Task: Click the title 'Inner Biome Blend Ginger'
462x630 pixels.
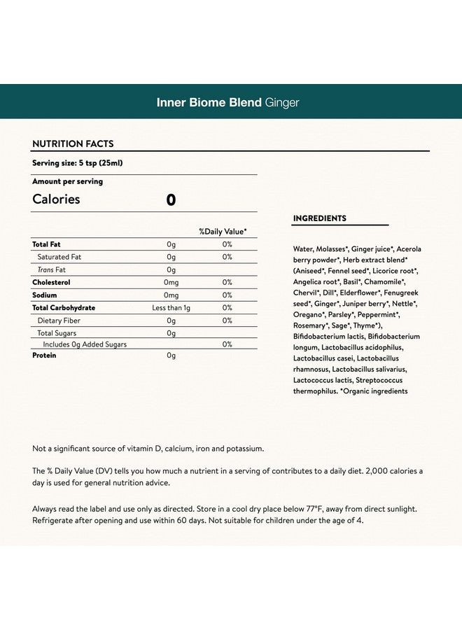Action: [x=227, y=103]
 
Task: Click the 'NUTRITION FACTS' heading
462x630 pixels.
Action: [x=73, y=144]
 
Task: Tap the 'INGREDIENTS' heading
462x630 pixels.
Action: [x=319, y=218]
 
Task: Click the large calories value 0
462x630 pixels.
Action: [x=171, y=200]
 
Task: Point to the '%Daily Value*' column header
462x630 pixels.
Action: [x=223, y=231]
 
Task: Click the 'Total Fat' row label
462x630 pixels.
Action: [x=46, y=244]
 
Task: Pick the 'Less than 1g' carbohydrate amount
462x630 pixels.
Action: [x=171, y=308]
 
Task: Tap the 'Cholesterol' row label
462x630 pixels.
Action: [x=51, y=282]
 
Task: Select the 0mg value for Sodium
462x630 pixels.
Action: [x=171, y=295]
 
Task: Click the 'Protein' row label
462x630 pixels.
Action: [x=44, y=356]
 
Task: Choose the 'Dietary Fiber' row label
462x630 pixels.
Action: [x=59, y=321]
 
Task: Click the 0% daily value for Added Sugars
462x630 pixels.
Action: [x=227, y=344]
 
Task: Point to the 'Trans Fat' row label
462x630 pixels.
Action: [x=51, y=269]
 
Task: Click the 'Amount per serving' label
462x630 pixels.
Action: [x=67, y=181]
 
